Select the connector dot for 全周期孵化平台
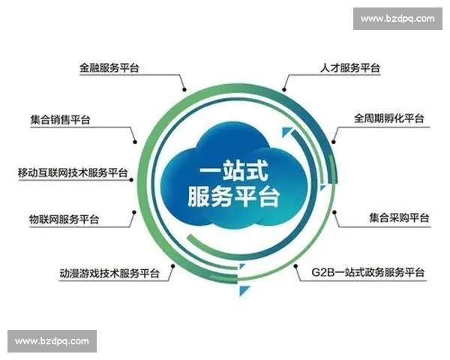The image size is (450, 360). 332,142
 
